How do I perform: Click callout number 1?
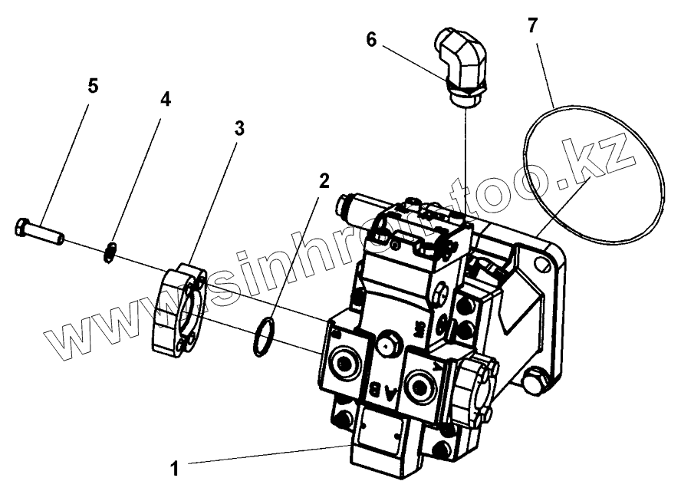point(175,466)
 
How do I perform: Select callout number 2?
point(324,181)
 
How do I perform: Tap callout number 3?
point(239,128)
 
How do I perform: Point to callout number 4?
point(165,100)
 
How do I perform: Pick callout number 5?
point(93,85)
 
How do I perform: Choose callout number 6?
point(371,40)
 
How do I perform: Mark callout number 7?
point(532,25)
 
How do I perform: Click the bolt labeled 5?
point(39,229)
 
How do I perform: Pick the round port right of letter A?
point(421,383)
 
